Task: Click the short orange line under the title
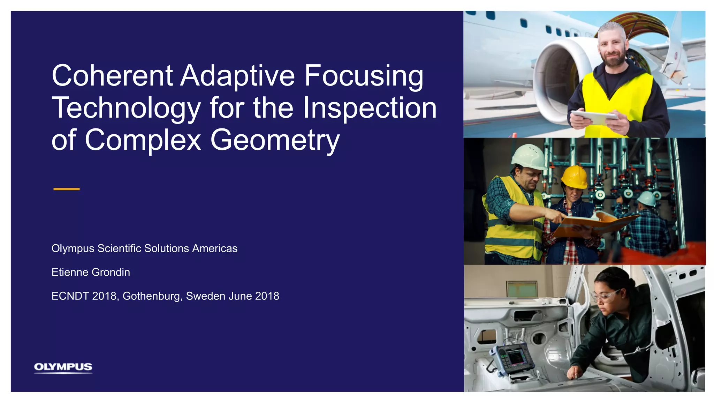66,189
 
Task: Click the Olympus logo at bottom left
63,367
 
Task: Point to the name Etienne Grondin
91,272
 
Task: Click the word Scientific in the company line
119,248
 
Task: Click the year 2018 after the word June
267,296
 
